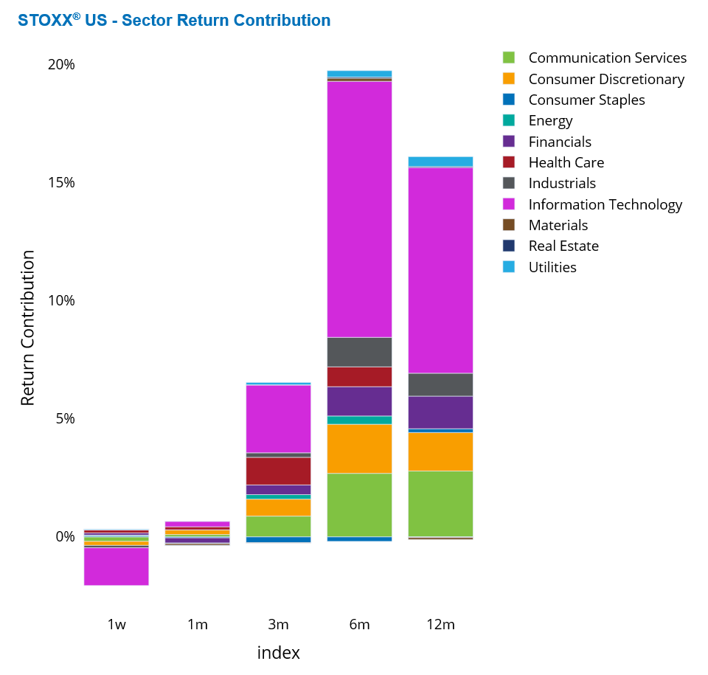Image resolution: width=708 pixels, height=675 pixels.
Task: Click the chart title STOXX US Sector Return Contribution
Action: pos(174,21)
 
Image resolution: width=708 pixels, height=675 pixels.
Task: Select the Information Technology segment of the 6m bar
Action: pos(359,209)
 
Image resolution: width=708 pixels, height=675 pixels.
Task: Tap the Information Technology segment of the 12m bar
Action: pos(440,270)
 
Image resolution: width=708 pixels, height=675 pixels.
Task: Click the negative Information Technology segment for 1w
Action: pos(117,566)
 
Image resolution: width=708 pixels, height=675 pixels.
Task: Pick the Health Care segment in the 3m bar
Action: pos(278,471)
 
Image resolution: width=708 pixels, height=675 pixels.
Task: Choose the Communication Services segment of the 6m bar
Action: pos(359,505)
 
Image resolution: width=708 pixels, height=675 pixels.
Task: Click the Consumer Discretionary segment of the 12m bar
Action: pos(440,451)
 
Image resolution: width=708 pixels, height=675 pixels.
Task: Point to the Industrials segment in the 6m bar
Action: pos(359,352)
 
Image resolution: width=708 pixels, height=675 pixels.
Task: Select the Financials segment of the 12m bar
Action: pos(440,412)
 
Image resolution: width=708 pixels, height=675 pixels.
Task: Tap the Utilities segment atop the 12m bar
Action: pos(440,162)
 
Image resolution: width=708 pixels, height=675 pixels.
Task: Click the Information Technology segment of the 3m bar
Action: pos(278,418)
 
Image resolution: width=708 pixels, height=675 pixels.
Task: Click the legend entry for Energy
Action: pos(550,120)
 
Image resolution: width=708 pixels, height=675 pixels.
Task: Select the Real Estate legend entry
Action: pos(563,246)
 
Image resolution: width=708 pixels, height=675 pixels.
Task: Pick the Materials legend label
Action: pos(558,225)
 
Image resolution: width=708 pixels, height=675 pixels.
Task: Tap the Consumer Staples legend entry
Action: pos(586,100)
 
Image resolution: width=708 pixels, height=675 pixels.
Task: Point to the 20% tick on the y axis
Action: pos(62,64)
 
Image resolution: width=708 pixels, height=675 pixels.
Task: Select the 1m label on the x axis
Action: pos(198,624)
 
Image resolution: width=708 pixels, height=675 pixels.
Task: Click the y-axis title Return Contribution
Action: pos(27,328)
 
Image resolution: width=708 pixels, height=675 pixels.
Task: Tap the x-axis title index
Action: pos(278,653)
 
